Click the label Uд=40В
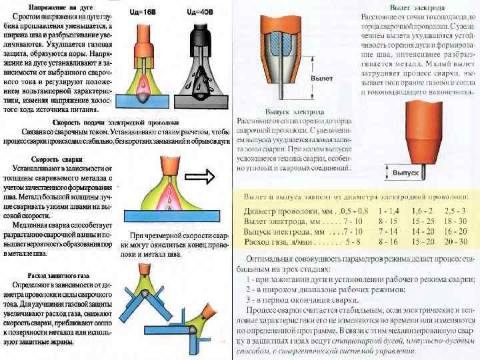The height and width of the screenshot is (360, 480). click(x=200, y=11)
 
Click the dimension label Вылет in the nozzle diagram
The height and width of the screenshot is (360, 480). click(x=323, y=78)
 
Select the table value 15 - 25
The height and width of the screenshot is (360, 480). click(x=423, y=221)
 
